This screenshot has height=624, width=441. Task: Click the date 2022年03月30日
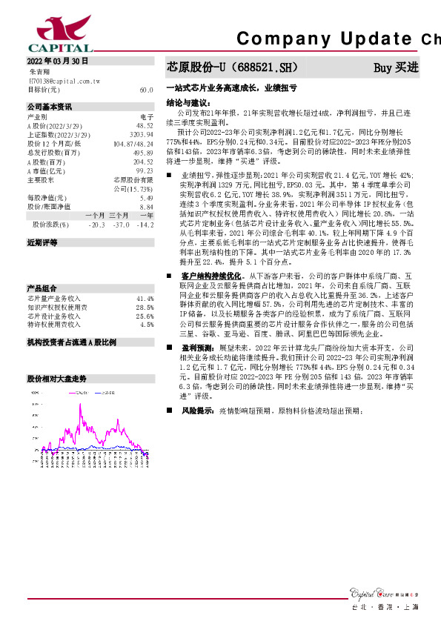click(x=58, y=61)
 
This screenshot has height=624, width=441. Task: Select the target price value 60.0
click(x=146, y=89)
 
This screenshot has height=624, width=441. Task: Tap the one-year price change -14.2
click(x=146, y=225)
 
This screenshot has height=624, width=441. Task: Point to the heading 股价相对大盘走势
click(x=56, y=377)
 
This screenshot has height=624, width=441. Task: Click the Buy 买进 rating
click(x=396, y=67)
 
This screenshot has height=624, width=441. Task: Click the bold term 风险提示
click(x=198, y=410)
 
